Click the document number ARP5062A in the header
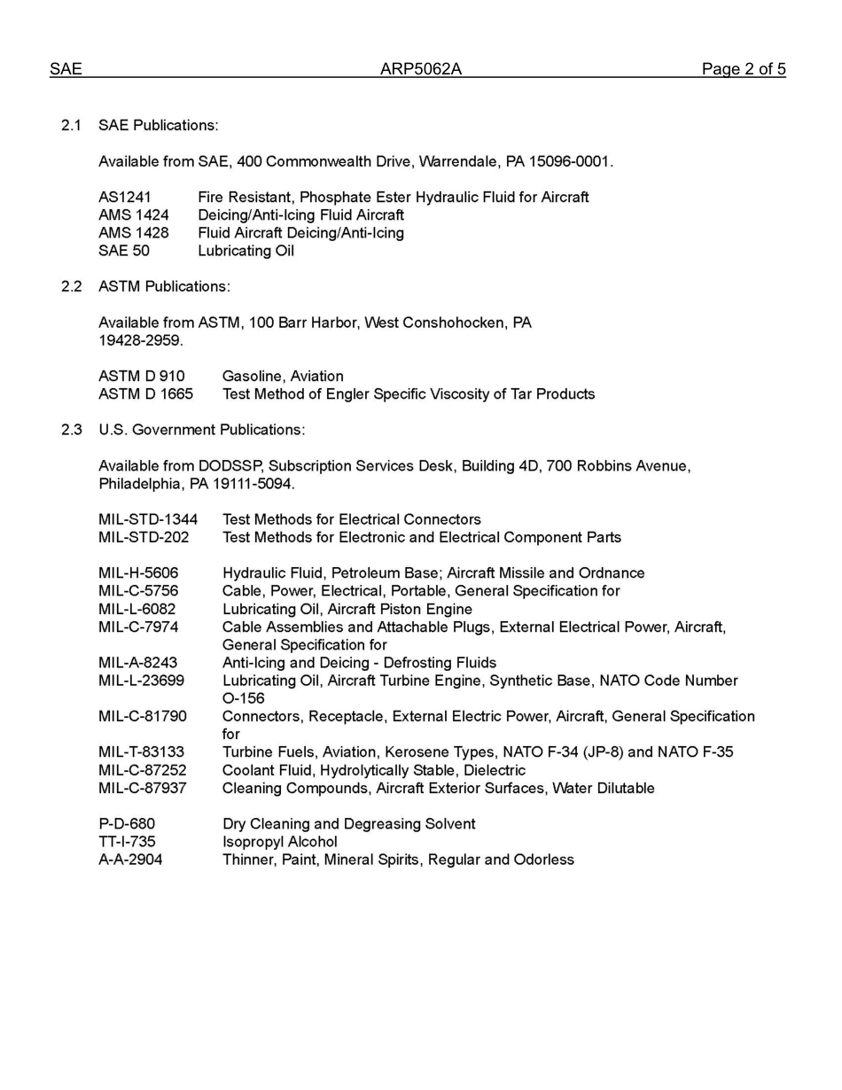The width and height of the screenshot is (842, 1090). point(421,69)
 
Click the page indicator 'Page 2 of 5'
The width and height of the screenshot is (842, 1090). point(743,69)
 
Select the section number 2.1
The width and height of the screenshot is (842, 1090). point(72,126)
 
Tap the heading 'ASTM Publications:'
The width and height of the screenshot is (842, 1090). point(164,286)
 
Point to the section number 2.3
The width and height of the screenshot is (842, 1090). point(72,430)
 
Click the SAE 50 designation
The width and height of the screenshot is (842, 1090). point(124,251)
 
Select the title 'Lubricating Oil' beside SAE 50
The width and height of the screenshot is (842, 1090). point(246,251)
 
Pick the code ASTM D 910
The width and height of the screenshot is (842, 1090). point(142,376)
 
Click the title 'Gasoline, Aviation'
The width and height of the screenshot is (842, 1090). point(283,376)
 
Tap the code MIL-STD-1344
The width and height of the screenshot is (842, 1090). point(148,519)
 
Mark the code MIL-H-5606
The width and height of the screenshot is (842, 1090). point(138,573)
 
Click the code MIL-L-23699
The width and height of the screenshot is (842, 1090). point(142,681)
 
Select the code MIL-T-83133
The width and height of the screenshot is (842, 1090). point(142,752)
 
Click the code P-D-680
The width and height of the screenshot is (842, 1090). point(127,824)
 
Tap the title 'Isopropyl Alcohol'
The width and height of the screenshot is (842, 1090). point(280,842)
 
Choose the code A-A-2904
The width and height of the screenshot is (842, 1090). point(130,860)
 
